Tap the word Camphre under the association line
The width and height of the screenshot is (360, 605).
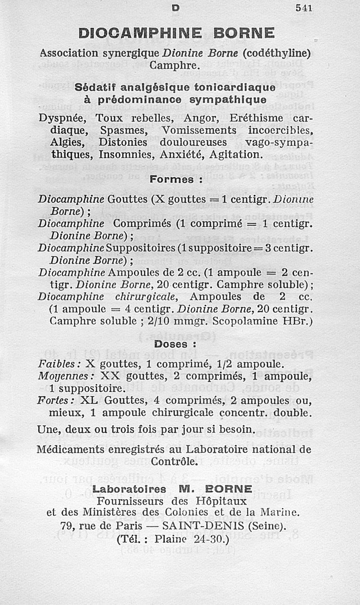coord(174,65)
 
